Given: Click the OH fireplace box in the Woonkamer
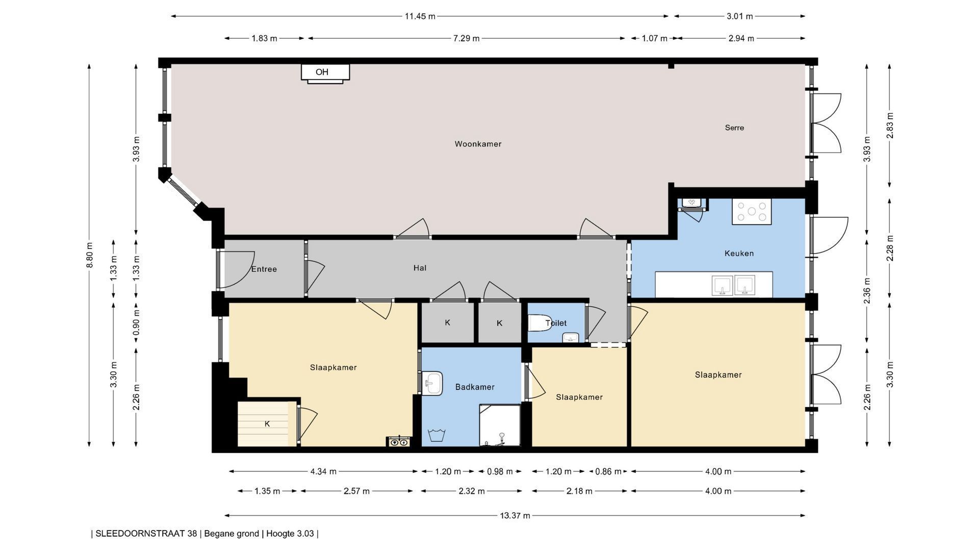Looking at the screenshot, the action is pos(325,72).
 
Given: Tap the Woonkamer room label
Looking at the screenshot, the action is pos(478,144).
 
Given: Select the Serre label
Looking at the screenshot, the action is pos(734,128).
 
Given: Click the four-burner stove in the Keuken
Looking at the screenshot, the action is pos(752,211).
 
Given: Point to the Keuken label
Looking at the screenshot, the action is pos(739,253).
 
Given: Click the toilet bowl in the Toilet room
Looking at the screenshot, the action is pos(540,323).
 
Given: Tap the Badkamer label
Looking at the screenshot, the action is pos(475,387).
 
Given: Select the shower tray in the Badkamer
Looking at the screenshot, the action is pos(500,425).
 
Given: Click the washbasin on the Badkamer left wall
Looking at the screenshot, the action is pos(432,383).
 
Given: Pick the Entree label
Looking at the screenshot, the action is pos(264,269).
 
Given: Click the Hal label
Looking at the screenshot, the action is pos(420,268).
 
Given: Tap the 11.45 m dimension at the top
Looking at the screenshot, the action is pos(420,16).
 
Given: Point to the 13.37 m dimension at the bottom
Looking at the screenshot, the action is pos(515,515).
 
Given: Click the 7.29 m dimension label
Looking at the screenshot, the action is pos(466,38).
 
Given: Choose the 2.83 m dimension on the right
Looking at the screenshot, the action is pos(890,126).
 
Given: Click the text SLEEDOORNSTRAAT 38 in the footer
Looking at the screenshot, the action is pos(146,534).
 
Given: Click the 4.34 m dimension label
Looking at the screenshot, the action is pos(323,471).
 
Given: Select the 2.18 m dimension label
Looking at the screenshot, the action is pos(579,491).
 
